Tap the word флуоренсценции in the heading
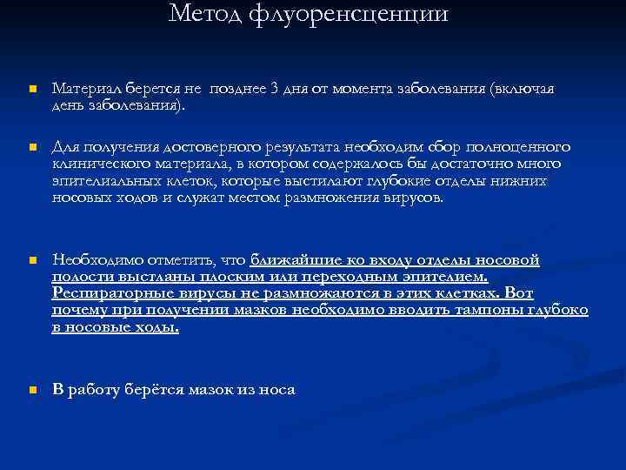tap(350, 14)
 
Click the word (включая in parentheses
tap(522, 90)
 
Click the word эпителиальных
tap(104, 180)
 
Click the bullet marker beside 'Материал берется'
tap(30, 91)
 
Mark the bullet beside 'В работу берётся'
tap(30, 391)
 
